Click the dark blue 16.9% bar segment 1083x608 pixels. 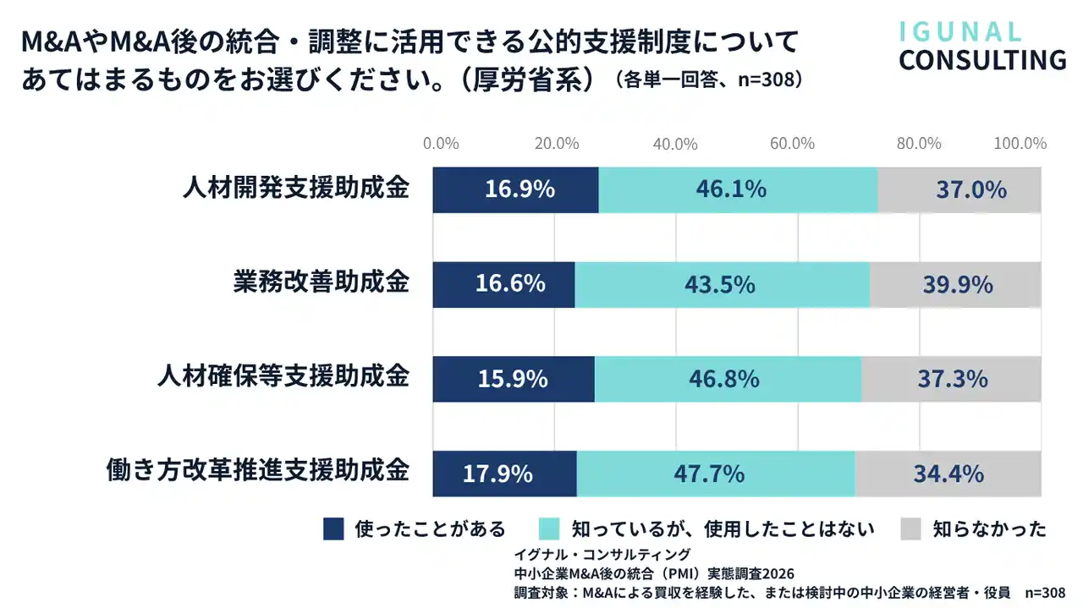[x=515, y=189]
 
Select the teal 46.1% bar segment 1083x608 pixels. [x=738, y=189]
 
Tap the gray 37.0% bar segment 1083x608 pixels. [x=959, y=189]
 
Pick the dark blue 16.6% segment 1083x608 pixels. [x=503, y=284]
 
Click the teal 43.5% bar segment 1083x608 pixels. [x=722, y=284]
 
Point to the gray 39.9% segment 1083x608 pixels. [x=955, y=284]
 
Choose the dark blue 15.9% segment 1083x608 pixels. [x=514, y=379]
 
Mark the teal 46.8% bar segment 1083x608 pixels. [x=728, y=379]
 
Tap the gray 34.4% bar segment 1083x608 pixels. [x=948, y=474]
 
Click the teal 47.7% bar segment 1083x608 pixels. [x=715, y=474]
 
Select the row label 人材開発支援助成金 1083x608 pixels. [x=296, y=188]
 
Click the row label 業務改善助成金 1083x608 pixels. [x=321, y=282]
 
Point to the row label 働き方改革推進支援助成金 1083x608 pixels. [x=259, y=471]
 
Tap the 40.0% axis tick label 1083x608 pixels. [x=675, y=144]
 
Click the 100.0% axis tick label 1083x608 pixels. [x=1020, y=144]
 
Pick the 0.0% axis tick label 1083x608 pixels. [x=441, y=144]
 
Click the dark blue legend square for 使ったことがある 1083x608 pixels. [x=334, y=529]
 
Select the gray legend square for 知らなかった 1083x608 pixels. [x=910, y=529]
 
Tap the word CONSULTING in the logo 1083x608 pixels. [x=982, y=61]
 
